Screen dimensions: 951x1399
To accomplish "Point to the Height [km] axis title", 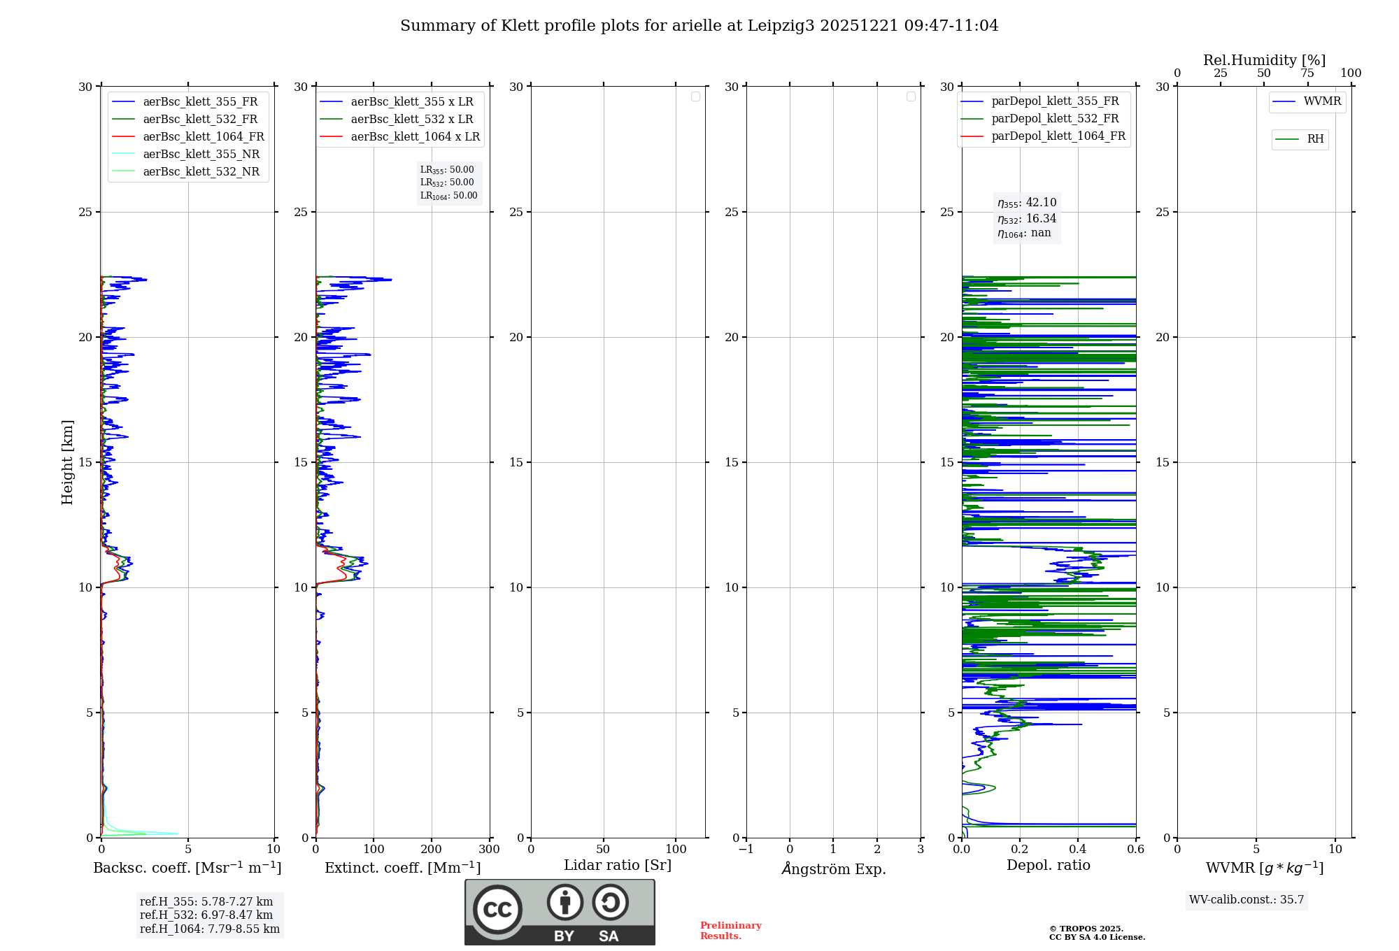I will (67, 462).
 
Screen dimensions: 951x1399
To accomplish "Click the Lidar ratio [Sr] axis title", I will (618, 865).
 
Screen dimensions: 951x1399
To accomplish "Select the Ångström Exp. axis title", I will (833, 868).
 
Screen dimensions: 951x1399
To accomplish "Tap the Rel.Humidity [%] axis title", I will (1264, 60).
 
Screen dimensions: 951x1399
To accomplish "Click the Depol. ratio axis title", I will (1048, 865).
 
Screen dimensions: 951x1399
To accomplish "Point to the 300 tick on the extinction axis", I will (490, 850).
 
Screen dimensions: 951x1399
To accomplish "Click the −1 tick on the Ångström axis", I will (746, 850).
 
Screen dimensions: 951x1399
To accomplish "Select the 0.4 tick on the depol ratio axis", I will (1078, 850).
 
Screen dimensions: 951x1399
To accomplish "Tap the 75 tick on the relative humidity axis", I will (1307, 73).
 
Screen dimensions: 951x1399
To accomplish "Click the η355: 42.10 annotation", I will (1027, 203).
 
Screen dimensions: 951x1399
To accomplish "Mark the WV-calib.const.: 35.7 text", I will (1247, 900).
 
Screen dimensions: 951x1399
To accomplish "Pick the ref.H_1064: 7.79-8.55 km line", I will (210, 929).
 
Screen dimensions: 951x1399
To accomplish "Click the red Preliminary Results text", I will (730, 931).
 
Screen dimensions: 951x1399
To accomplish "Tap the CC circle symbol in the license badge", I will (497, 910).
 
